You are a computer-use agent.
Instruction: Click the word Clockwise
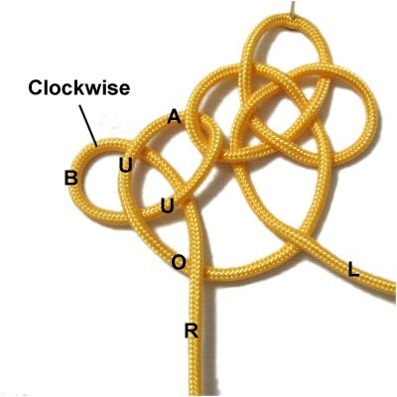(x=78, y=88)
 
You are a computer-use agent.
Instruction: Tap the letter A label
(x=175, y=117)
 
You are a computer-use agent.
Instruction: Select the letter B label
(x=70, y=178)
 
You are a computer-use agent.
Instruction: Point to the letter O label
(x=179, y=263)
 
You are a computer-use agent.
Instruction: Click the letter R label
(x=192, y=331)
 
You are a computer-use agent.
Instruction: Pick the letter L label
(x=353, y=270)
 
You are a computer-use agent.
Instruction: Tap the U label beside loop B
(x=126, y=166)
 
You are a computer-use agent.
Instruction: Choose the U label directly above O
(x=167, y=205)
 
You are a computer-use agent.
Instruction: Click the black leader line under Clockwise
(x=88, y=125)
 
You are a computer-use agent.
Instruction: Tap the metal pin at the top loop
(x=293, y=10)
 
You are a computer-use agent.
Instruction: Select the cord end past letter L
(x=392, y=287)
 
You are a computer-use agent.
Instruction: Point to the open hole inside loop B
(x=102, y=181)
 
